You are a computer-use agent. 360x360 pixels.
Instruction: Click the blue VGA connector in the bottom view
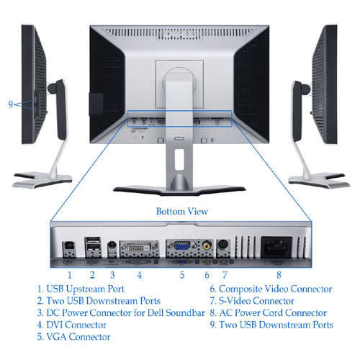(x=181, y=246)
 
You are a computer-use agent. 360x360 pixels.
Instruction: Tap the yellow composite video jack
(x=207, y=246)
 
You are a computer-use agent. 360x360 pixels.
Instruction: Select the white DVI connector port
(x=139, y=247)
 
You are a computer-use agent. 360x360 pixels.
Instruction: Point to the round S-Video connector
(x=223, y=246)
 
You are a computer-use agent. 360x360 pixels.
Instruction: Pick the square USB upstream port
(x=69, y=247)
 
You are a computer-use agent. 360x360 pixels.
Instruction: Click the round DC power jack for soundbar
(x=112, y=246)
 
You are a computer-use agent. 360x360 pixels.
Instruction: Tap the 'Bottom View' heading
(x=182, y=211)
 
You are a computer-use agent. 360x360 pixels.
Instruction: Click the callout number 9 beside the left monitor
(x=10, y=104)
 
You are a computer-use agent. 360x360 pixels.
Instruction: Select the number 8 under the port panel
(x=279, y=275)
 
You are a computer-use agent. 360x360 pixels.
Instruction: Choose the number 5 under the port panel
(x=182, y=275)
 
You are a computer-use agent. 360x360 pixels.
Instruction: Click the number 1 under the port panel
(x=70, y=275)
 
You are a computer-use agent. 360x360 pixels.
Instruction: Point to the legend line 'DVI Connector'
(x=72, y=325)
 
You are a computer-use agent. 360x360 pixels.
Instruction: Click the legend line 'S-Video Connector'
(x=252, y=301)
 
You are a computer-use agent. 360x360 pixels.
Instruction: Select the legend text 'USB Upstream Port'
(x=85, y=289)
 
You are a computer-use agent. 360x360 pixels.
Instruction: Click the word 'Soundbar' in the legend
(x=185, y=312)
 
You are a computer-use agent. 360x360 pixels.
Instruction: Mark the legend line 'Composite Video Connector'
(x=271, y=289)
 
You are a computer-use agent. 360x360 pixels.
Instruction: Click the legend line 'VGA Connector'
(x=73, y=337)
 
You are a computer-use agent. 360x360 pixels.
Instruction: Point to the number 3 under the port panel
(x=112, y=275)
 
